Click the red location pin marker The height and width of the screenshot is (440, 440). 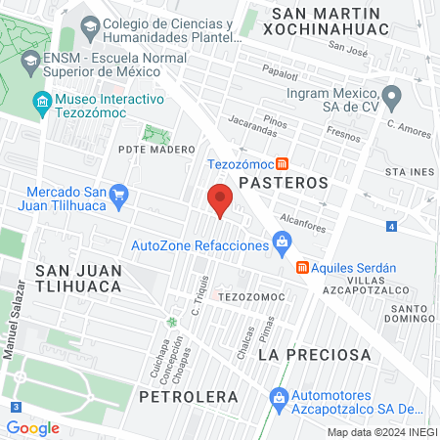click(221, 198)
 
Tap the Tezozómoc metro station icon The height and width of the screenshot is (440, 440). click(283, 164)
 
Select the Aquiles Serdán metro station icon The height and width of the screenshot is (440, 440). click(302, 267)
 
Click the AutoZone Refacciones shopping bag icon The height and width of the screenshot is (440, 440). click(282, 241)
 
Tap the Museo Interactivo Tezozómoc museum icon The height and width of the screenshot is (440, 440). click(41, 101)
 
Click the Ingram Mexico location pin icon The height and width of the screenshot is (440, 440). click(391, 96)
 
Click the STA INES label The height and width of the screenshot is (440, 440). click(409, 172)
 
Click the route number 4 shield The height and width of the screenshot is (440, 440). click(391, 227)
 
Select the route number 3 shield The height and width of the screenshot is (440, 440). click(15, 406)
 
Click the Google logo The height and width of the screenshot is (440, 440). click(32, 427)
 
